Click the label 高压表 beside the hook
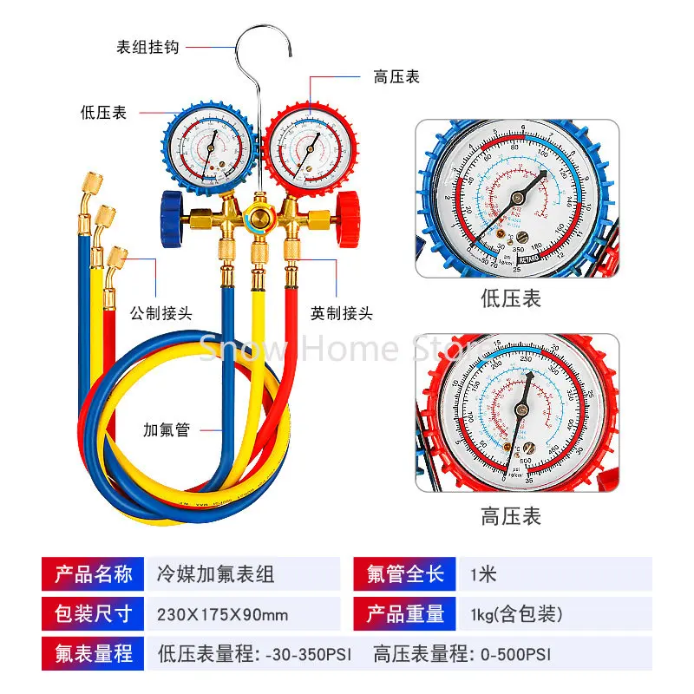(x=396, y=76)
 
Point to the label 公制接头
(x=160, y=313)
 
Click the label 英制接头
(x=341, y=313)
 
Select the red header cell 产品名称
(x=94, y=573)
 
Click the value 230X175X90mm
(x=222, y=614)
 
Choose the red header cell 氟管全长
(x=404, y=573)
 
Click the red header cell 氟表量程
(x=94, y=653)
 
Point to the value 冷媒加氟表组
(x=215, y=573)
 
